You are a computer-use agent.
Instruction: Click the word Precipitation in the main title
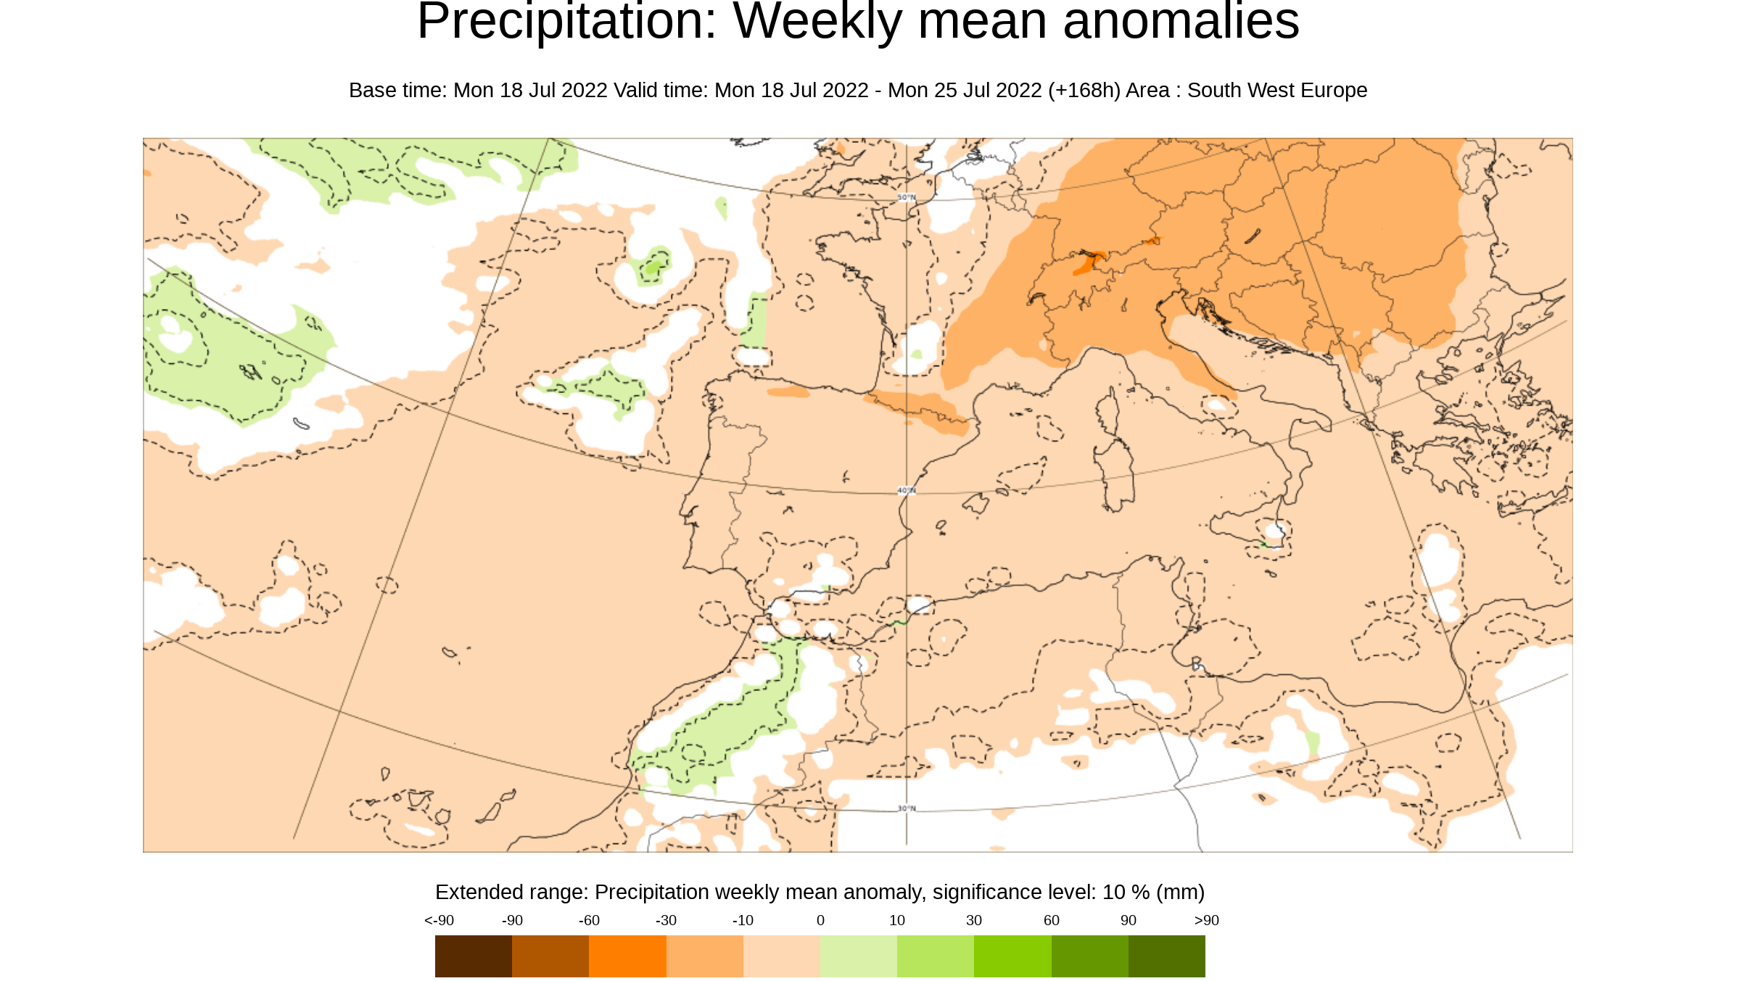point(566,22)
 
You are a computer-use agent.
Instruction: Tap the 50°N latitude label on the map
point(907,197)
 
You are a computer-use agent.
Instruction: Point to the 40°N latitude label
point(907,491)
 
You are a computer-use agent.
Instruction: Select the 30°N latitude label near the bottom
point(907,808)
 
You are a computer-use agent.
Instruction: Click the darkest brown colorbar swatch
point(473,956)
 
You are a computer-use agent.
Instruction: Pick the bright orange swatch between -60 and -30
point(627,956)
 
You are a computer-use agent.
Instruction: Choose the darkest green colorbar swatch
point(1166,956)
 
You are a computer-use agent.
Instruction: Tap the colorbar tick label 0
point(820,921)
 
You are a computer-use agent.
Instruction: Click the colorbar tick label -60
point(589,921)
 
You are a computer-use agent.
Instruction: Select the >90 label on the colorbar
point(1206,921)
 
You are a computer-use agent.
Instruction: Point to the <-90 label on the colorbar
point(439,921)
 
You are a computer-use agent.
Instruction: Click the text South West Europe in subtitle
point(1276,91)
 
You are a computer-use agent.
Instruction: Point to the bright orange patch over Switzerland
point(1086,262)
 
